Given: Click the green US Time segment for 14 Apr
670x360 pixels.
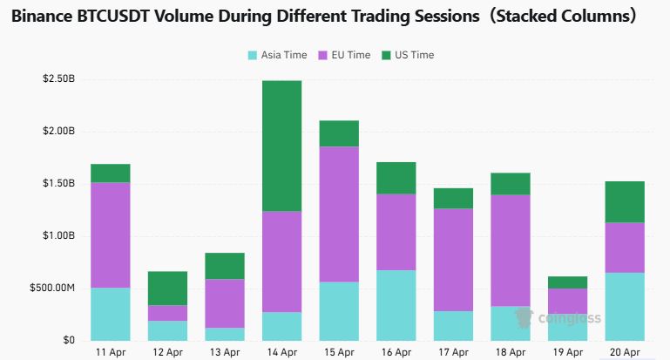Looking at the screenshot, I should pos(282,146).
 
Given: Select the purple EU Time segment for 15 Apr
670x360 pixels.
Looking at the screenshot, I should pos(339,214).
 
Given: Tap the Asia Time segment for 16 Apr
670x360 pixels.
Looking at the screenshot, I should pos(396,305).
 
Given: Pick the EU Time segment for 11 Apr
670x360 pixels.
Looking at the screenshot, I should pos(111,234).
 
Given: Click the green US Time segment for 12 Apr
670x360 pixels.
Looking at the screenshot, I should pos(167,288).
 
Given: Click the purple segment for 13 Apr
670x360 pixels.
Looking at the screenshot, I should pos(225,303).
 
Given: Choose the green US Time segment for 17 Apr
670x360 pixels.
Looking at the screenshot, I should pos(452,198).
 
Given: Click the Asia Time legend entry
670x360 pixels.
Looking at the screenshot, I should pos(278,55).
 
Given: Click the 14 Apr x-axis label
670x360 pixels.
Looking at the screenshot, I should pos(282,352).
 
